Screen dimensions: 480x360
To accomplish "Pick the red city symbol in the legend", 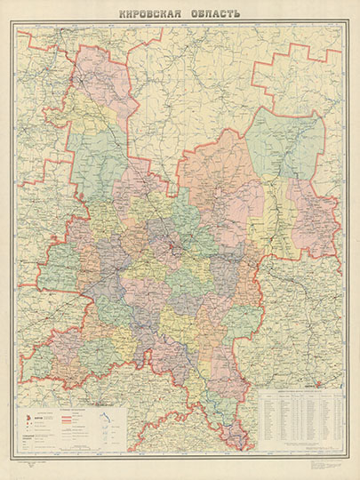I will (x=24, y=415).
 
